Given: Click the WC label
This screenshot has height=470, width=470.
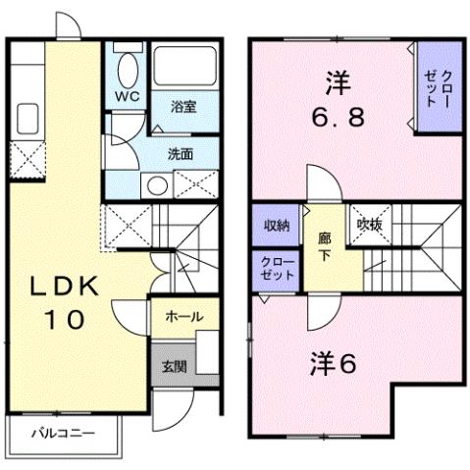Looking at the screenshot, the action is click(x=127, y=96).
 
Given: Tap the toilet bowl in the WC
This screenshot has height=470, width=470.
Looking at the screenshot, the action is click(x=128, y=71).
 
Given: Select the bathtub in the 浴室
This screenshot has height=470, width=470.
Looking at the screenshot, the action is click(x=185, y=66).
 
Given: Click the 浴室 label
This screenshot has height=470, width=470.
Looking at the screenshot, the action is click(x=183, y=107).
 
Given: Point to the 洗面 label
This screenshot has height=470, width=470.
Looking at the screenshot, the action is click(x=181, y=154).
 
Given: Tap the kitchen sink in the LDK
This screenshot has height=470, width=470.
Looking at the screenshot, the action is click(x=27, y=119).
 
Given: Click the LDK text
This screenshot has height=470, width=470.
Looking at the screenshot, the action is click(x=65, y=287).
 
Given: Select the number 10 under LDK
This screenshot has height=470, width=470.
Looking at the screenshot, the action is click(x=65, y=319).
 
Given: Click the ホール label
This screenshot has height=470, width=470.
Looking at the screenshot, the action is click(x=184, y=316).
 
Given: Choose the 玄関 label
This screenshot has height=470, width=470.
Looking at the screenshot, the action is click(x=175, y=367).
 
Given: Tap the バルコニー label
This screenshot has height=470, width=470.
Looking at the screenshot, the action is click(x=63, y=434).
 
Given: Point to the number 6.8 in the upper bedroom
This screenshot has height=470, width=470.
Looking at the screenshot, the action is click(x=338, y=118).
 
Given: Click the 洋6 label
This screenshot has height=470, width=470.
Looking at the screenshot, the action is click(x=333, y=363).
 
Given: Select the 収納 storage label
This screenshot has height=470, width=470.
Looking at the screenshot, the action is click(x=277, y=226).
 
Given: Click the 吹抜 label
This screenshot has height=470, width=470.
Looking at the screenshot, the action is click(x=370, y=225).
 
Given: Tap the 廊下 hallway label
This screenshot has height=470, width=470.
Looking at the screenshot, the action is click(x=324, y=246).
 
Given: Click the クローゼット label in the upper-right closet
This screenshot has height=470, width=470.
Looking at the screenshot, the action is click(x=437, y=88).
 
